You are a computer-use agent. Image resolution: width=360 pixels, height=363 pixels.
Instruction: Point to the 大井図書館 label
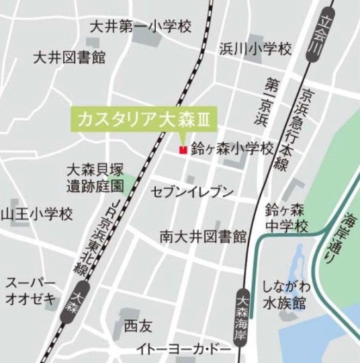(x=69, y=58)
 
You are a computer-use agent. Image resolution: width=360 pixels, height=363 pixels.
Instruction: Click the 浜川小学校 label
(x=255, y=49)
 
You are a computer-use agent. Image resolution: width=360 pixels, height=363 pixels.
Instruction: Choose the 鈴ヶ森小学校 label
(x=232, y=149)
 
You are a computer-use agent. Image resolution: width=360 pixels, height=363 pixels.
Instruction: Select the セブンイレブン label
(x=191, y=192)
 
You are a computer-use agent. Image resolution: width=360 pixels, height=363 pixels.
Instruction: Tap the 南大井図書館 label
(x=201, y=236)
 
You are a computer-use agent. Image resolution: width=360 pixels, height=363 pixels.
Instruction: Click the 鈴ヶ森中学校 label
(x=286, y=216)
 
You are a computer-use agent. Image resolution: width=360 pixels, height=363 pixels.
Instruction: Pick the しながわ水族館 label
(x=285, y=294)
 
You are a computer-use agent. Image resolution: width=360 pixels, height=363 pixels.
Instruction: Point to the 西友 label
(x=138, y=326)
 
